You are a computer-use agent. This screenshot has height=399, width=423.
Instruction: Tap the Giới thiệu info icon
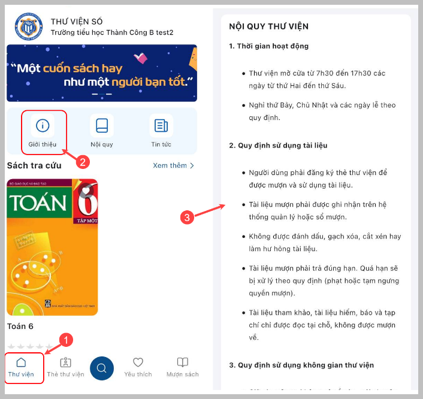pos(43,125)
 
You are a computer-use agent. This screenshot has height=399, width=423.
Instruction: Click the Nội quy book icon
pos(102,125)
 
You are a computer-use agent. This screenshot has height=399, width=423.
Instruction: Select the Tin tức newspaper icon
pos(161,125)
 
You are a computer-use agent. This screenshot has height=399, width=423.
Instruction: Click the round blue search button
pos(102,368)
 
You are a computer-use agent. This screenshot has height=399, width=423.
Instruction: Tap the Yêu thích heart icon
pos(138,362)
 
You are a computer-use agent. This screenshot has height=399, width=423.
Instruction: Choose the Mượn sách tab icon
pos(182,362)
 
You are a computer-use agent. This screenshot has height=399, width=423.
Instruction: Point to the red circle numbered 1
pos(66,340)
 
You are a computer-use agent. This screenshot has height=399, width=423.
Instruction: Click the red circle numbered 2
pos(83,162)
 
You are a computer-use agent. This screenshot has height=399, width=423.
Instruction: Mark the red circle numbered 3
pos(187,217)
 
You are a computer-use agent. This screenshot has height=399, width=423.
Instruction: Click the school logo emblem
pos(29,27)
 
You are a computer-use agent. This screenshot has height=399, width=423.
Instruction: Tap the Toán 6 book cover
pos(52,247)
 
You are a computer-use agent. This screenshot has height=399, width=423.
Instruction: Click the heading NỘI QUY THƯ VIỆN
pos(268,26)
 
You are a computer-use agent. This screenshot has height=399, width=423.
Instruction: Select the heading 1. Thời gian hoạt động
pos(268,46)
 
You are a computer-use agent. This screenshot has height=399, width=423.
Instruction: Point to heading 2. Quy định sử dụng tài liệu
pos(278,146)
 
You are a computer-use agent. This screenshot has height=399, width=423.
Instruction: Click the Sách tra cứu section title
pos(34,165)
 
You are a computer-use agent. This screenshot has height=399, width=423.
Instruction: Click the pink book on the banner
pos(141,58)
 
